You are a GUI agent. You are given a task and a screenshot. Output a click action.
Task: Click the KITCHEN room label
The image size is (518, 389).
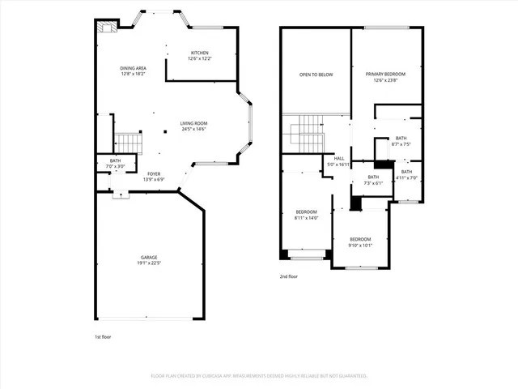pyautogui.click(x=199, y=53)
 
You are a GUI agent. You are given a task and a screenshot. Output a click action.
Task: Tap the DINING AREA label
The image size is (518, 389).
pyautogui.click(x=133, y=68)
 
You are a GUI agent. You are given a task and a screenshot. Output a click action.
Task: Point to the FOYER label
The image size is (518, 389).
pyautogui.click(x=154, y=173)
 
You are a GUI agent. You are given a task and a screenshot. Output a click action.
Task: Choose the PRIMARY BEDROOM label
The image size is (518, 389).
pyautogui.click(x=384, y=74)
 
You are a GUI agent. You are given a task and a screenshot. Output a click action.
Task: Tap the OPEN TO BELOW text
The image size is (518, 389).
pyautogui.click(x=316, y=75)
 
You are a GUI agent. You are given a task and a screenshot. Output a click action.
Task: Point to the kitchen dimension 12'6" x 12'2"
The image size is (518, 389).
pyautogui.click(x=199, y=59)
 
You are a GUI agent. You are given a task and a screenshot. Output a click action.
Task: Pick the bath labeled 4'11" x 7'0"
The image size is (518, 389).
pyautogui.click(x=405, y=174)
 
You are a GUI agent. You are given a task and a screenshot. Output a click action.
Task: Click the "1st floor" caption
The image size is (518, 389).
pyautogui.click(x=104, y=336)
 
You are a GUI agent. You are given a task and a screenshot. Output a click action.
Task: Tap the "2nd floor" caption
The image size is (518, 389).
pyautogui.click(x=289, y=276)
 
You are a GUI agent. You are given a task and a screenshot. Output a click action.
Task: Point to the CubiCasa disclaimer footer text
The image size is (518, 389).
pyautogui.click(x=259, y=376)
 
